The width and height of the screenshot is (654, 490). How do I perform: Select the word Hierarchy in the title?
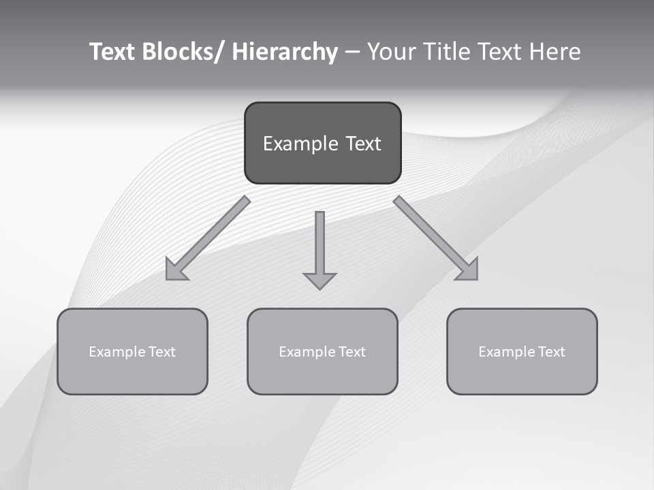point(285,52)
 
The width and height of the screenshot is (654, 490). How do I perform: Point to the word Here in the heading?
point(552,52)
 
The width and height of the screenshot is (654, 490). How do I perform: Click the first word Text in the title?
point(113,52)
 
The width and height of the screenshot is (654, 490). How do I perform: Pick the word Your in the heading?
point(388,52)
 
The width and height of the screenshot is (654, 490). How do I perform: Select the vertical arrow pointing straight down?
point(320,245)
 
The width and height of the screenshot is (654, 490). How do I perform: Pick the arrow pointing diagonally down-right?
point(432,235)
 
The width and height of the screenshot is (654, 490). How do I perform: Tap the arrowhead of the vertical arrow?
point(320,280)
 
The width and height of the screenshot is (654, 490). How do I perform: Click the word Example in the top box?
point(291,144)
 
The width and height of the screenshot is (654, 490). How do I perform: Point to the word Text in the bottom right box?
point(550,352)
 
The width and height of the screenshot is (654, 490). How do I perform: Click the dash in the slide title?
point(352,52)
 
